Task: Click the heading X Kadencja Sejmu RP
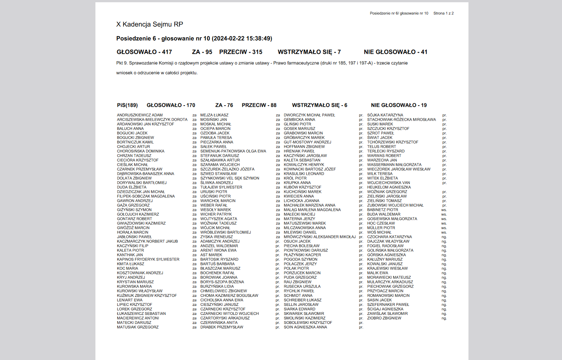150,24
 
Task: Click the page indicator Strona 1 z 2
443,13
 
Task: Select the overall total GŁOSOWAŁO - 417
144,52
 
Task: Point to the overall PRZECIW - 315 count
241,52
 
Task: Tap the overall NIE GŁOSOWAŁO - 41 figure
395,52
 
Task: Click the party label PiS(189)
127,105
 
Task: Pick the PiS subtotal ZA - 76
224,105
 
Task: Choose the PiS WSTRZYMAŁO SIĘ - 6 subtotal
319,105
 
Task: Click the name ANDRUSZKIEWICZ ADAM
140,115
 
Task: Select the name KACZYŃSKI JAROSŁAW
305,156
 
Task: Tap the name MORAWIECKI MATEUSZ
389,277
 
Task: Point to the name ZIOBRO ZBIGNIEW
384,318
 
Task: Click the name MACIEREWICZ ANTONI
138,318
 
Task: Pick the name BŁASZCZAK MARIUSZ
220,268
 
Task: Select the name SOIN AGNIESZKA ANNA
305,327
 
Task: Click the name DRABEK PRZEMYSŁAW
222,327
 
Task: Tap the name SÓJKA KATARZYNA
385,115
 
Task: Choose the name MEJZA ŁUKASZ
214,115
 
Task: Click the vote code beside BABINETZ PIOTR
444,210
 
